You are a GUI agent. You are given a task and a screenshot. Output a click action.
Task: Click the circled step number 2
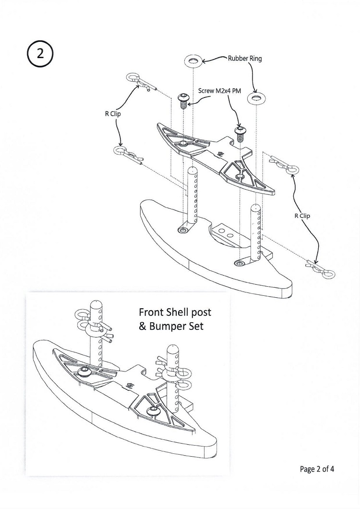point(40,54)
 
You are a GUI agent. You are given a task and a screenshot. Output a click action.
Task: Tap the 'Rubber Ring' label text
point(245,59)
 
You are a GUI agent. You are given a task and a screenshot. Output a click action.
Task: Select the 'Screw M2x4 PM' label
point(219,91)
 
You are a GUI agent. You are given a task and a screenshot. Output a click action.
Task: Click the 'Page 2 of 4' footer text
point(317,469)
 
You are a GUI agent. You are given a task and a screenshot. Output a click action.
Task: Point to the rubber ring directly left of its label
point(193,61)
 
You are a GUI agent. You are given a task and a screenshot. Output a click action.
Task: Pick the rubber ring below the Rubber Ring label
point(256,98)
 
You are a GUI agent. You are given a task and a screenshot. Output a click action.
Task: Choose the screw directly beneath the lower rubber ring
point(240,133)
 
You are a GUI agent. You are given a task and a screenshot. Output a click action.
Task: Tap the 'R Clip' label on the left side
point(113,114)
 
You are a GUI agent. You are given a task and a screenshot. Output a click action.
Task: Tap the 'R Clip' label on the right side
point(302,216)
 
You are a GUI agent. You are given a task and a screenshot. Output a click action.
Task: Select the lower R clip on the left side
point(128,155)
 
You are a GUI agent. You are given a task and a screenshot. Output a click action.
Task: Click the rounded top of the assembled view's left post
point(96,304)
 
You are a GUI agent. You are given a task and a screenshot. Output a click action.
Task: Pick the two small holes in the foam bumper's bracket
point(226,232)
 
